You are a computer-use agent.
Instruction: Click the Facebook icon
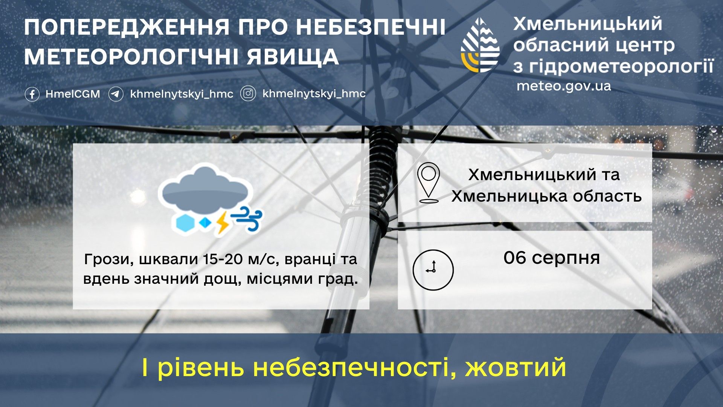coord(32,94)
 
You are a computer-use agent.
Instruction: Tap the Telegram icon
coord(116,94)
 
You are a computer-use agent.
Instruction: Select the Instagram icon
coord(248,93)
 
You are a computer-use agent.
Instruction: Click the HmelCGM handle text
coord(73,94)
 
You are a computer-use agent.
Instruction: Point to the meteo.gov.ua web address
coord(564,86)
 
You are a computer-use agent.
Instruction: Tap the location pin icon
coord(429,183)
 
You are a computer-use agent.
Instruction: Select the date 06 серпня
coord(552,258)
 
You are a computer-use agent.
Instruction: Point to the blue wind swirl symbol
coord(247,218)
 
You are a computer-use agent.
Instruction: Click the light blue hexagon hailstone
coord(185,223)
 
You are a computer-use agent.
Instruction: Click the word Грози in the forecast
coord(109,260)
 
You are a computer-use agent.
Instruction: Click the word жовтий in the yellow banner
coord(516,367)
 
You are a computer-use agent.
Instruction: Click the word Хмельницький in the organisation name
coord(588,24)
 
